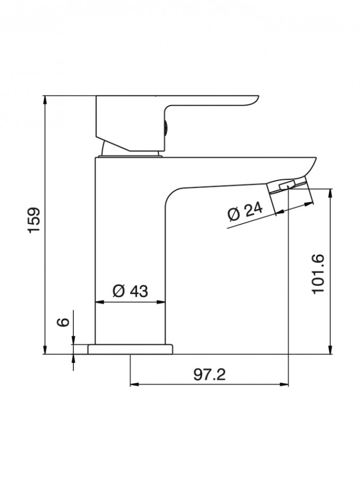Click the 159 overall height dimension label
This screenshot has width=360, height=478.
[34, 220]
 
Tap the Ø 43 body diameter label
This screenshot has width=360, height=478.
[130, 291]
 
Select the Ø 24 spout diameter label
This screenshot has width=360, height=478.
[245, 211]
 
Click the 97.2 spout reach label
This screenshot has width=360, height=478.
[210, 374]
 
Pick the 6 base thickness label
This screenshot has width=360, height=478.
[64, 322]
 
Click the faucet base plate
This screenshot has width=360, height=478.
[130, 350]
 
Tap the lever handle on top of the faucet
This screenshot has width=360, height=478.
[177, 123]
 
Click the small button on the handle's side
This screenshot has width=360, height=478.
[165, 126]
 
